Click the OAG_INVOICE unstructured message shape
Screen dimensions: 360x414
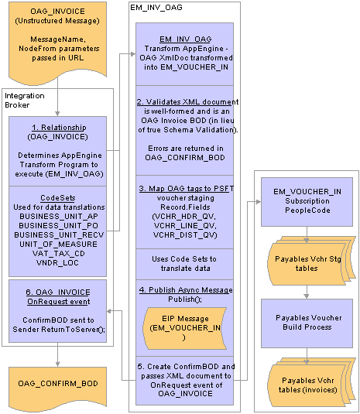pyautogui.click(x=57, y=43)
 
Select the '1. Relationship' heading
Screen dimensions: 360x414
pyautogui.click(x=59, y=128)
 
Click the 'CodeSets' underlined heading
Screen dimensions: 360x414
pyautogui.click(x=58, y=198)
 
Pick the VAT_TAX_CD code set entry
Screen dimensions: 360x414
pyautogui.click(x=58, y=254)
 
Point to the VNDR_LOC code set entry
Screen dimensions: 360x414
pyautogui.click(x=57, y=262)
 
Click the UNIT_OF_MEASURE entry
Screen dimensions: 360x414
pyautogui.click(x=58, y=245)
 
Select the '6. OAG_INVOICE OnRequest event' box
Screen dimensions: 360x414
pyautogui.click(x=57, y=311)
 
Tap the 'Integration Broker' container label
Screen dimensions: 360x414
pyautogui.click(x=25, y=101)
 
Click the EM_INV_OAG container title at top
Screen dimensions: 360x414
pyautogui.click(x=156, y=8)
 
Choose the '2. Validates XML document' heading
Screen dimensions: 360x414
pyautogui.click(x=187, y=102)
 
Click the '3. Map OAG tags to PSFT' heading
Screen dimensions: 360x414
pyautogui.click(x=187, y=189)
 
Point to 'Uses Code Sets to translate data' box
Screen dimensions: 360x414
pyautogui.click(x=184, y=264)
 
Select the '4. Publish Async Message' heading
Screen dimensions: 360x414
pyautogui.click(x=186, y=290)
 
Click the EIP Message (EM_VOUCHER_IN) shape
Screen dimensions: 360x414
pyautogui.click(x=184, y=328)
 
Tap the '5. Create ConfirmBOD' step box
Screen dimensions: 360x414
pyautogui.click(x=184, y=380)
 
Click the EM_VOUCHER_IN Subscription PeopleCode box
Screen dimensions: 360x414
pyautogui.click(x=307, y=202)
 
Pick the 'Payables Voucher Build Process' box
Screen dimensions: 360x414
pyautogui.click(x=307, y=323)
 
